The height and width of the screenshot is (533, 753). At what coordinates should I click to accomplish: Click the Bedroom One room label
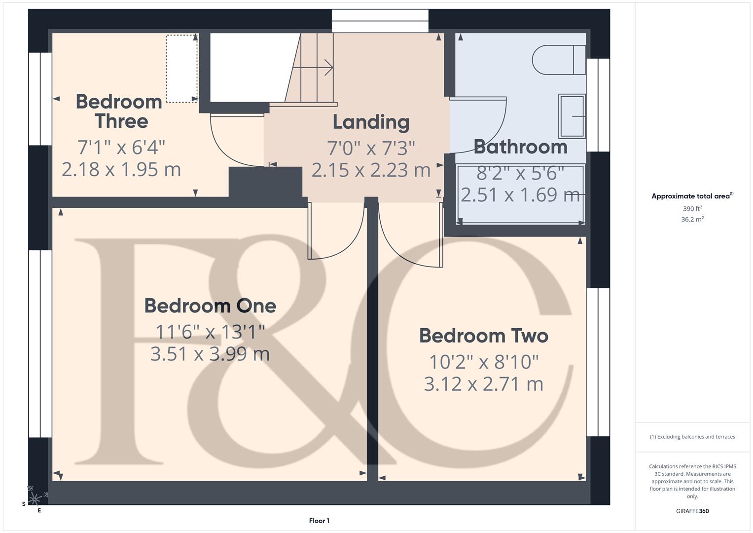[x=210, y=306]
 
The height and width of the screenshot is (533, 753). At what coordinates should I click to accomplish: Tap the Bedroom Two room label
[x=483, y=336]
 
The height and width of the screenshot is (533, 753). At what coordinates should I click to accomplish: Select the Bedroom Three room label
[x=119, y=112]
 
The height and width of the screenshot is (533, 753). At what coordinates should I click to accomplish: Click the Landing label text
[x=371, y=122]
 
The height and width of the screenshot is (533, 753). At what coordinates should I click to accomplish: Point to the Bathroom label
[x=520, y=147]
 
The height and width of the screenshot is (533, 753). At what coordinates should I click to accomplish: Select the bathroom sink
[x=572, y=116]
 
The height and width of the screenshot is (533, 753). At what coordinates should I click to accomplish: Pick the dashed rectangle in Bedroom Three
[x=181, y=69]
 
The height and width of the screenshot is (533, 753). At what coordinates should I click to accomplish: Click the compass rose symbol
[x=35, y=499]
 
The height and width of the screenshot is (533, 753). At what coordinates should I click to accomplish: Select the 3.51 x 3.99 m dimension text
[x=210, y=354]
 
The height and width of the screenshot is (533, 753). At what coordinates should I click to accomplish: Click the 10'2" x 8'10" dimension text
[x=483, y=362]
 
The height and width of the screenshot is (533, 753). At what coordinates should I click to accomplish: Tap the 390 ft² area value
[x=692, y=209]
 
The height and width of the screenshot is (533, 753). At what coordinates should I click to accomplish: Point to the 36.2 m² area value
[x=692, y=220]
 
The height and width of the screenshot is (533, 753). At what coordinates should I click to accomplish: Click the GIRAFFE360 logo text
[x=692, y=511]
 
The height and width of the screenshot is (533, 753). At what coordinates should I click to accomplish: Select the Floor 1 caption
[x=319, y=521]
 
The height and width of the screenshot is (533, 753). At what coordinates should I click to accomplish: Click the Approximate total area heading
[x=692, y=196]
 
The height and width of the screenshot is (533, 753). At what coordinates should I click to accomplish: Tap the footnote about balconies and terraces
[x=692, y=437]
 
